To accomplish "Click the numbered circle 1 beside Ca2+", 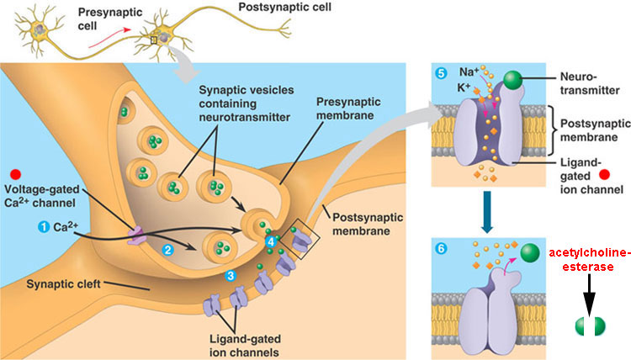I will click(x=43, y=227).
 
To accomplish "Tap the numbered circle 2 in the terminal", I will click(x=167, y=249).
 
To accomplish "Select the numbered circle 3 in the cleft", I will click(x=231, y=275).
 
